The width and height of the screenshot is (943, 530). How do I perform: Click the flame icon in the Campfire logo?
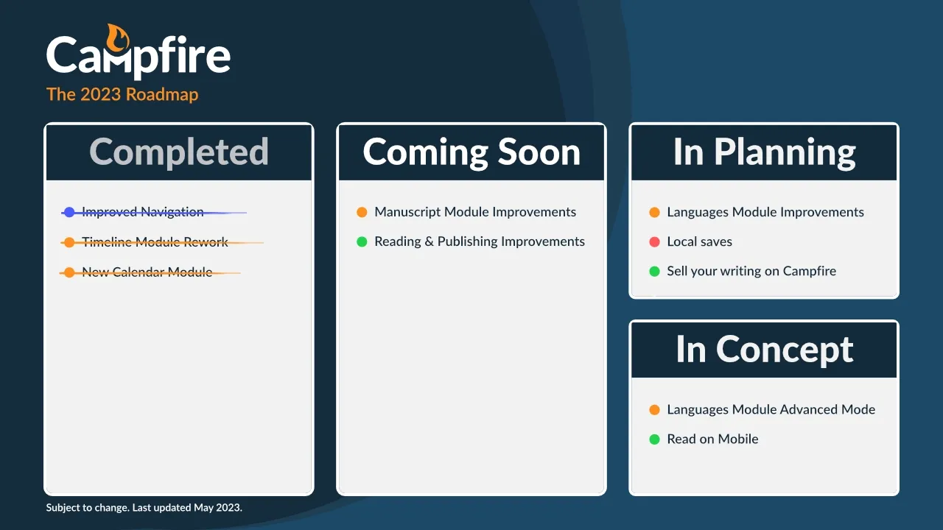click(117, 38)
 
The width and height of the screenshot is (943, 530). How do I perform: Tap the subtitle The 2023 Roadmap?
click(122, 94)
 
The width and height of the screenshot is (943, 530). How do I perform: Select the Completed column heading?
click(179, 152)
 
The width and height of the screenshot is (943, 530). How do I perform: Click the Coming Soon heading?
click(471, 152)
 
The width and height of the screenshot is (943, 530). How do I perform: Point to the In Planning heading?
click(764, 152)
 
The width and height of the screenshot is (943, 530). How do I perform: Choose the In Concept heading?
click(765, 349)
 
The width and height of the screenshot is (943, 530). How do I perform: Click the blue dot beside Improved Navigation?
click(69, 212)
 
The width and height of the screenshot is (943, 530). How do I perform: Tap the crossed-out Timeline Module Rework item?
click(155, 242)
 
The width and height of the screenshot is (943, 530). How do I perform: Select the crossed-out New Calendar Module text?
click(147, 272)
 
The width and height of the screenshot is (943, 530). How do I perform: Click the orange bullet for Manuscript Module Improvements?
click(362, 212)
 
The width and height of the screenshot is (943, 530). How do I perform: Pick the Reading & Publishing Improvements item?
click(480, 241)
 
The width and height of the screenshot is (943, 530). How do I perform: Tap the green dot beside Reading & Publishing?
click(362, 241)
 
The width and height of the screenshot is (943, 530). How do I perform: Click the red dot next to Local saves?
click(654, 241)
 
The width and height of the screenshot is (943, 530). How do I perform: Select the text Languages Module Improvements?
click(765, 212)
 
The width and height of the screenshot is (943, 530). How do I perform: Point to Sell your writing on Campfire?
click(751, 271)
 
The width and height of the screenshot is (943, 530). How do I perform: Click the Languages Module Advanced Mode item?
click(771, 409)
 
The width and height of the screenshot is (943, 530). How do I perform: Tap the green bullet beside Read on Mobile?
click(654, 439)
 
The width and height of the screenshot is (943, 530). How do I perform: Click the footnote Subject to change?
click(88, 508)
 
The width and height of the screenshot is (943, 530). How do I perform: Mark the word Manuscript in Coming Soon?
click(407, 213)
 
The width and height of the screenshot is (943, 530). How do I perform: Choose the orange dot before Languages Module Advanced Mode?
click(654, 410)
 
